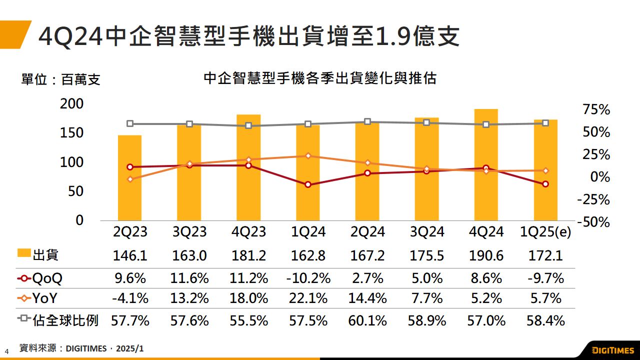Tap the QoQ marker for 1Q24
(308, 184)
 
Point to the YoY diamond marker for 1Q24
(308, 155)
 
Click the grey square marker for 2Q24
(367, 121)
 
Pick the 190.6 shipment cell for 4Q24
(486, 256)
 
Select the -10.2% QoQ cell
(308, 277)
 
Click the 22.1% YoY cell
(308, 298)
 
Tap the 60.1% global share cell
(367, 320)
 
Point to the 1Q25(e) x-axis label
(545, 232)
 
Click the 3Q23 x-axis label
(189, 232)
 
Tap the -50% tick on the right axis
(593, 222)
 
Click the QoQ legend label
(47, 278)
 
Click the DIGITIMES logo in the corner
(612, 349)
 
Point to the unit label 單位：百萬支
(60, 79)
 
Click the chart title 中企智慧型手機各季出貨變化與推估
(320, 78)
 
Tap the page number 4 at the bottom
(7, 350)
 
